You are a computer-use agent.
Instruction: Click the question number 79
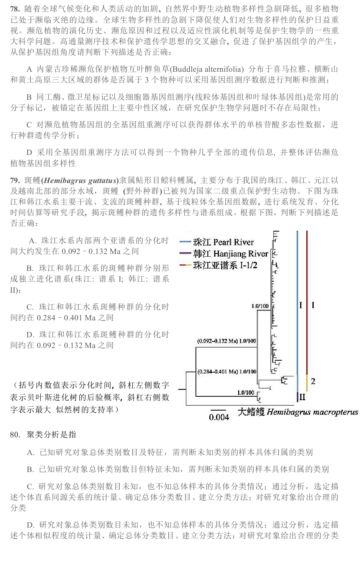[x=15, y=180]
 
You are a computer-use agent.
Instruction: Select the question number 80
[x=15, y=435]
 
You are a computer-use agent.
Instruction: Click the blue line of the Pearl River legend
[x=186, y=242]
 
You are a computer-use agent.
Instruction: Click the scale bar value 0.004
[x=219, y=417]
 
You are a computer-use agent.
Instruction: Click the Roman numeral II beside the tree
[x=302, y=397]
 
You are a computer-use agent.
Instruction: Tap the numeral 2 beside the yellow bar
[x=313, y=381]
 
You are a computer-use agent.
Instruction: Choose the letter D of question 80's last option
[x=30, y=525]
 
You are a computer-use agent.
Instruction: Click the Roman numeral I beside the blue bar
[x=301, y=305]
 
